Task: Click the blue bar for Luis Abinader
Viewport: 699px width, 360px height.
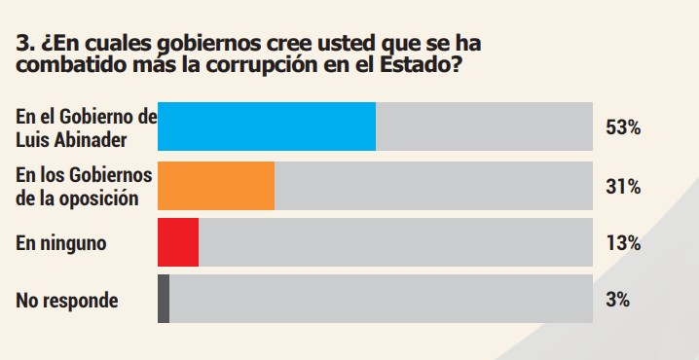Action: coord(267,126)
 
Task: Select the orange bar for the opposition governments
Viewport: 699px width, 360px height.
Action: coord(216,186)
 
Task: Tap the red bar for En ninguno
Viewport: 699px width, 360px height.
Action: coord(178,242)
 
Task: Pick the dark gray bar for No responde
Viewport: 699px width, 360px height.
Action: coord(164,299)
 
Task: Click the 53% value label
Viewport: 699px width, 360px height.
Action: coord(622,127)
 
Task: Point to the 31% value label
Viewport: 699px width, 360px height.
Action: coord(622,186)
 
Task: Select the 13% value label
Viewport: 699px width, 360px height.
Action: coord(622,243)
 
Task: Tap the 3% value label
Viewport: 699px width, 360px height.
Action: coord(617,300)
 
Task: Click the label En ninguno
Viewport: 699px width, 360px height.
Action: coord(60,243)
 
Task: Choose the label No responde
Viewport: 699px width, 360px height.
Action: coord(67,301)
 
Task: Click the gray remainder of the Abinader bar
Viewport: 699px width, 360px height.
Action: coord(484,126)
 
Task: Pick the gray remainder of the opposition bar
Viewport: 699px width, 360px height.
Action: coord(433,186)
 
